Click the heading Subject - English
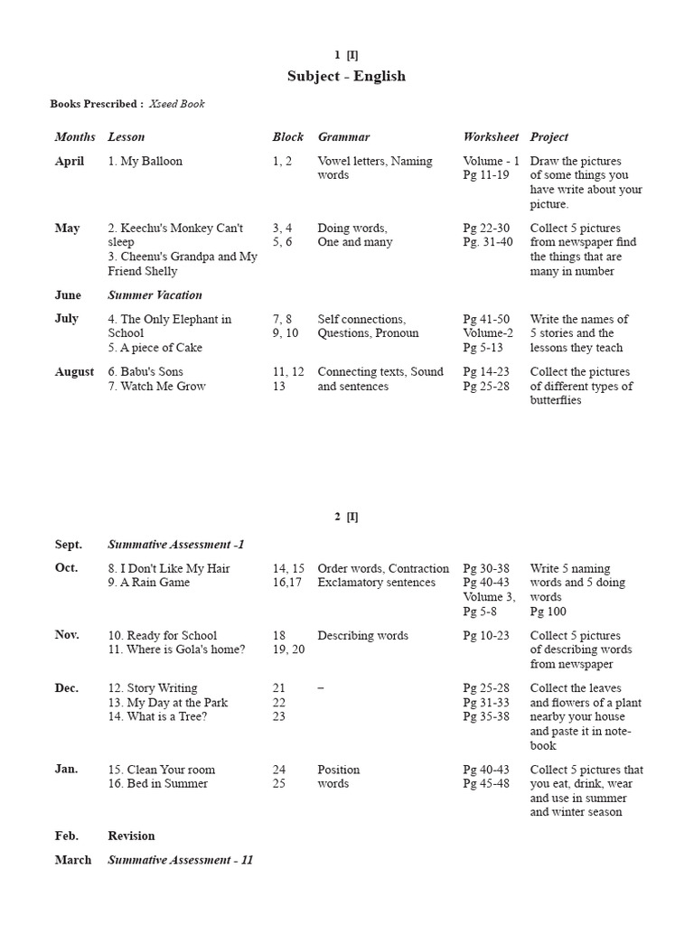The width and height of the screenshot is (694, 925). (346, 76)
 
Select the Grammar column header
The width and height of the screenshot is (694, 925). (343, 137)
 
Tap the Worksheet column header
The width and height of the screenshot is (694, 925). (491, 137)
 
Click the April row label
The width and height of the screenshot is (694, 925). (70, 162)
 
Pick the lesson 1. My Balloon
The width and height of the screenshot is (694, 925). (145, 162)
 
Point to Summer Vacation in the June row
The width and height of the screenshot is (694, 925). (155, 295)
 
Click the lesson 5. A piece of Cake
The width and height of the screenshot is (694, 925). (155, 348)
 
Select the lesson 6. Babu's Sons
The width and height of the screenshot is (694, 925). (145, 372)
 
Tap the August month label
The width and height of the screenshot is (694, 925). (74, 372)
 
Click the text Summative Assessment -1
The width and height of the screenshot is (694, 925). (175, 545)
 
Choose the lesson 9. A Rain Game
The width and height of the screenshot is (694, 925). (149, 583)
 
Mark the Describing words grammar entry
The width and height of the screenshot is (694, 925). (362, 636)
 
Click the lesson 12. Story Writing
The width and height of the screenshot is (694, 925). (152, 688)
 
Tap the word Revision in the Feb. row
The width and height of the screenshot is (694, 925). (131, 836)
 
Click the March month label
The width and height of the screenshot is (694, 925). (73, 861)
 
